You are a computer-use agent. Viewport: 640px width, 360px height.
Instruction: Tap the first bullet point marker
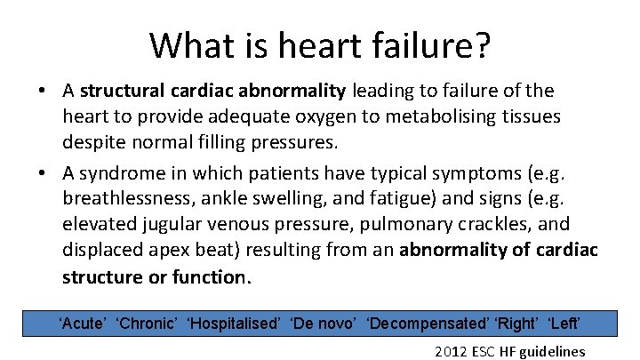coord(43,91)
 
